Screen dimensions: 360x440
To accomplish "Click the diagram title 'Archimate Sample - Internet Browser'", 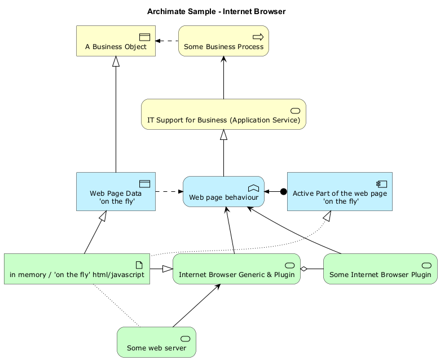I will tap(216, 11).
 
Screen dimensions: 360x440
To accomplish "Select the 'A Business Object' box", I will tap(116, 41).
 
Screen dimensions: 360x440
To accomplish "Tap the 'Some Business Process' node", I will tap(223, 41).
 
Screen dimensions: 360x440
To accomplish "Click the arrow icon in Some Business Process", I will tap(258, 37).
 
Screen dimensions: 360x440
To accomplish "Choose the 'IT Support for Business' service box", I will tap(223, 115).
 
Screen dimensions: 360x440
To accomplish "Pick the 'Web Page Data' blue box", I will tap(116, 192).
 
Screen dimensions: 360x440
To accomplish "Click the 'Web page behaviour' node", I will tap(223, 192).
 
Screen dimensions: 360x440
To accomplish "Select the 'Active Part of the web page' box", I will tap(340, 192).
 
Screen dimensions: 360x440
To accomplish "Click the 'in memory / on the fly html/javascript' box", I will tap(77, 269).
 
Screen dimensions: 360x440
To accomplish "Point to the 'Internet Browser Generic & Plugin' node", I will tap(236, 269).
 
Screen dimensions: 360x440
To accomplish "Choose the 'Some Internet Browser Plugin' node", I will tap(380, 269).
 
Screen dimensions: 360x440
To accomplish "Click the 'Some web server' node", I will tap(156, 343).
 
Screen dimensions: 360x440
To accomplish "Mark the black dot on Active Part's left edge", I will tap(283, 192).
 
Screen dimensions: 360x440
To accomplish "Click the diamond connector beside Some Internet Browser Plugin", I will tap(305, 269).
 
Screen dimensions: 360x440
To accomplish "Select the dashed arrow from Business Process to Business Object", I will tap(167, 41).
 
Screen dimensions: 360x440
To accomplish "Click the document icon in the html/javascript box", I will tap(139, 265).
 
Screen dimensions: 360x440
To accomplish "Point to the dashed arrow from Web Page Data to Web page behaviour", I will tap(169, 192).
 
